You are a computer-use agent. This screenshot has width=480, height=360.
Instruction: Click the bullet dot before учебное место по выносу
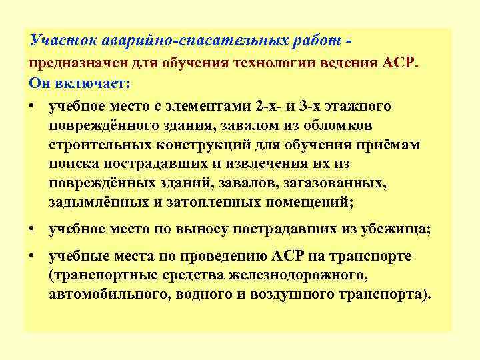[x=33, y=229]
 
